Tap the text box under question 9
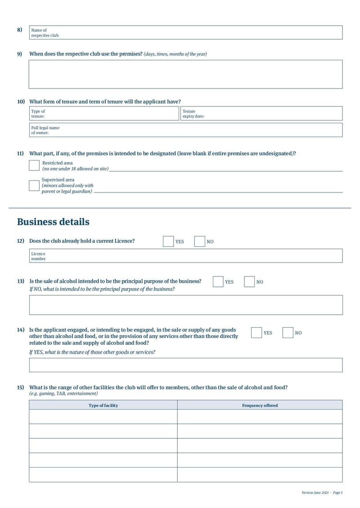[185, 74]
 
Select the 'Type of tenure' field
[103, 114]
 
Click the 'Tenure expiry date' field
[261, 114]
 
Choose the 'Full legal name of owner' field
[185, 130]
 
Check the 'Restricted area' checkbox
[34, 165]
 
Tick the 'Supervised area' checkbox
[34, 186]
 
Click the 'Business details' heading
[53, 222]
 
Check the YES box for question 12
[168, 241]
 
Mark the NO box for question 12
[200, 241]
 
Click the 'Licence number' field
[185, 256]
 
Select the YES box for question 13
[218, 282]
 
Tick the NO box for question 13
[249, 282]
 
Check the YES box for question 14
[256, 333]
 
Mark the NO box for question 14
[288, 333]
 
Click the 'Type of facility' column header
[103, 406]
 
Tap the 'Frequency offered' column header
[260, 406]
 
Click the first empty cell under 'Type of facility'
[103, 417]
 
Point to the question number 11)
[20, 154]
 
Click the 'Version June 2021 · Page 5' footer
[322, 493]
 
